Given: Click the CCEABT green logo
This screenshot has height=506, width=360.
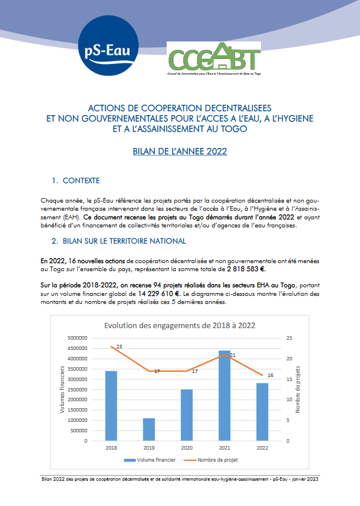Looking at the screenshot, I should click(214, 60).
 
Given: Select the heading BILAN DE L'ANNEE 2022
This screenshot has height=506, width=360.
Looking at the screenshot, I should click(180, 152).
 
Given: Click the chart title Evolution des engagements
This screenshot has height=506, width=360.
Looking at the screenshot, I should click(180, 325).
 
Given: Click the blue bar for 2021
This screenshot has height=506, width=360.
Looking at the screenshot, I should click(224, 395).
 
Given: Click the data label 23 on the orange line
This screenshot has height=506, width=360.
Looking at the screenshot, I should click(119, 347).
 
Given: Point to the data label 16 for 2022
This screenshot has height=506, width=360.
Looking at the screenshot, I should click(270, 375).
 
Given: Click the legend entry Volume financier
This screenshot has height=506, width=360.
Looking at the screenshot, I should click(145, 460).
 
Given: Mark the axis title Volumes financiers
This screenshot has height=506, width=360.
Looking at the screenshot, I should click(62, 389).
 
